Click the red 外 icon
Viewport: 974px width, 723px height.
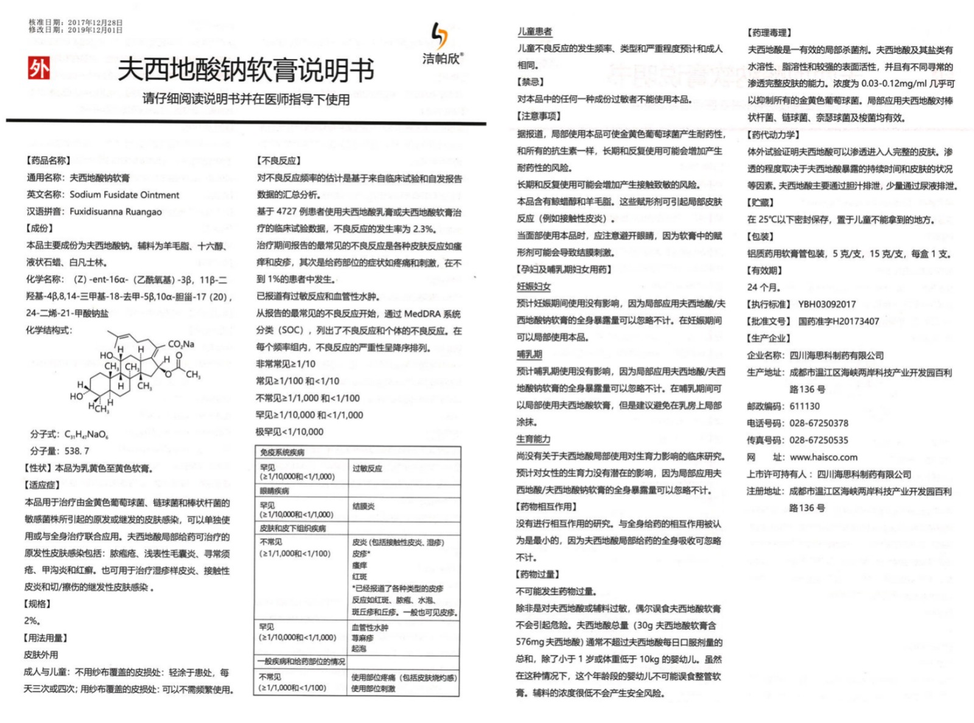[x=39, y=68]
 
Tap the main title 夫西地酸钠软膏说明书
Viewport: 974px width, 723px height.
[x=245, y=70]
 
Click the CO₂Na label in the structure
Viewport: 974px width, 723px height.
[x=181, y=344]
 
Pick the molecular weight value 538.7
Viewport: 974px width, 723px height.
[x=77, y=451]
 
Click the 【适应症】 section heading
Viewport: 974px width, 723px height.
[x=42, y=485]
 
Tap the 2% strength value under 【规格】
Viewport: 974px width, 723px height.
[x=32, y=621]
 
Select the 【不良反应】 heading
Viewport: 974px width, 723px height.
[x=279, y=161]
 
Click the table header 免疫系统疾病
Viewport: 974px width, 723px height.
[x=282, y=453]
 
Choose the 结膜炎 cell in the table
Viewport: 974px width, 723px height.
[x=363, y=506]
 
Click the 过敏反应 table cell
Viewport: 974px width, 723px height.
[x=367, y=468]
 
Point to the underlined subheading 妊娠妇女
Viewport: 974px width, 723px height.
[x=534, y=286]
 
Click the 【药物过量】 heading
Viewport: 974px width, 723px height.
[x=538, y=574]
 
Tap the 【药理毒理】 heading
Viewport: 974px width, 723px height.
[x=769, y=33]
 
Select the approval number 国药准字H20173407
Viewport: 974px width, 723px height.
[x=838, y=321]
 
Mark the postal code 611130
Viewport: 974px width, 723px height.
[x=804, y=406]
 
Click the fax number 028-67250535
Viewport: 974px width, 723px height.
[x=818, y=440]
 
